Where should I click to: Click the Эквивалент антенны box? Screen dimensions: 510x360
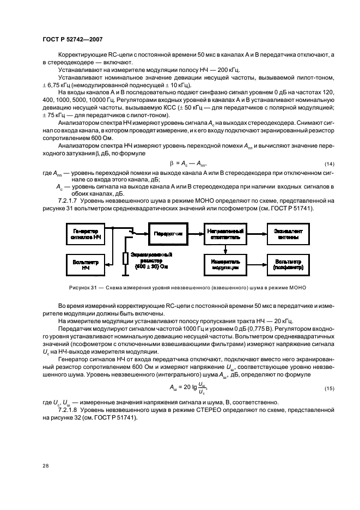(x=289, y=234)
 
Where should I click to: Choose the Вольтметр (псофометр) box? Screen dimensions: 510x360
(x=289, y=265)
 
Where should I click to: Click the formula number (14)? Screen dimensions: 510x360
(x=328, y=164)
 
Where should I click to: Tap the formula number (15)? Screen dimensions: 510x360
(x=328, y=387)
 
